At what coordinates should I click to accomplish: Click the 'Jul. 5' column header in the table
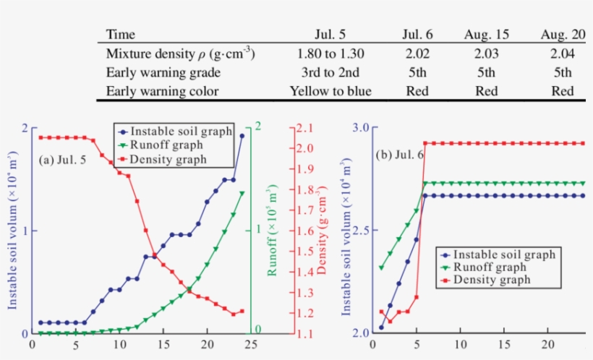(330, 35)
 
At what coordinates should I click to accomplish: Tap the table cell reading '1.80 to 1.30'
(330, 53)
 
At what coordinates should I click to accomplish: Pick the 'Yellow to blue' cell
(330, 91)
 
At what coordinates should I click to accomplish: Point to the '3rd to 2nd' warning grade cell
(330, 72)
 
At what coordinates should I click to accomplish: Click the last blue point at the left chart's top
(242, 135)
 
